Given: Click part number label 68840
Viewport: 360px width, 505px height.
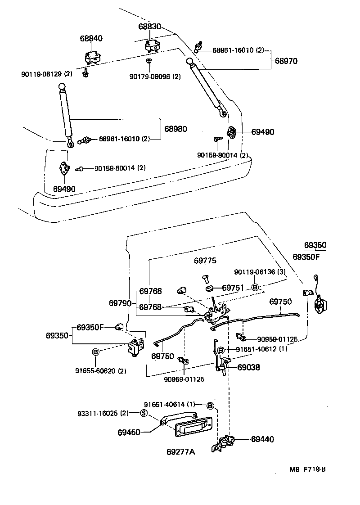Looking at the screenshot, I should pos(91,39).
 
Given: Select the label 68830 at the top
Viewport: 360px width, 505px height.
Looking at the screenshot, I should pos(149,27).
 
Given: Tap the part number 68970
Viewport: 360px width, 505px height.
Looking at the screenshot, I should pos(287,60).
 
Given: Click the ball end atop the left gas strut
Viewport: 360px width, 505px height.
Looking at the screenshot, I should pos(63,87).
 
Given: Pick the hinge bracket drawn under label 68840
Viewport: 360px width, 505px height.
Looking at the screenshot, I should pos(92,58).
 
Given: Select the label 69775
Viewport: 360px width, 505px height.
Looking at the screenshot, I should pos(205,261).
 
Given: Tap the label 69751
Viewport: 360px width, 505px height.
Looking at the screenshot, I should pos(233,288).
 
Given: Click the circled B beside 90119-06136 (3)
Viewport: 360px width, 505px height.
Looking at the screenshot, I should pos(254,287).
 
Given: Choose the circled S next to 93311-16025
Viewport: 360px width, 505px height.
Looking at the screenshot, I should pos(144,413).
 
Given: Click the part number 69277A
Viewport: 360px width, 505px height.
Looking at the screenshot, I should pos(180,451).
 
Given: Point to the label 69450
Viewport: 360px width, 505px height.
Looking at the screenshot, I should pos(129,433).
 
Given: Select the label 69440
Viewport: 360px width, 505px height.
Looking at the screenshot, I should pos(262,439).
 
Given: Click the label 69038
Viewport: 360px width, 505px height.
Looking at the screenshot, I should pos(249,367).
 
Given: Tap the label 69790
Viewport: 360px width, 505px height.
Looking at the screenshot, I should pos(120,303).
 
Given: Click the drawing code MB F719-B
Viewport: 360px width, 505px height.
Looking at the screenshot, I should pos(307,469).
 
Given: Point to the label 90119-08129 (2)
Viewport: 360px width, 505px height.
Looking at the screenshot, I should pos(46,73).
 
